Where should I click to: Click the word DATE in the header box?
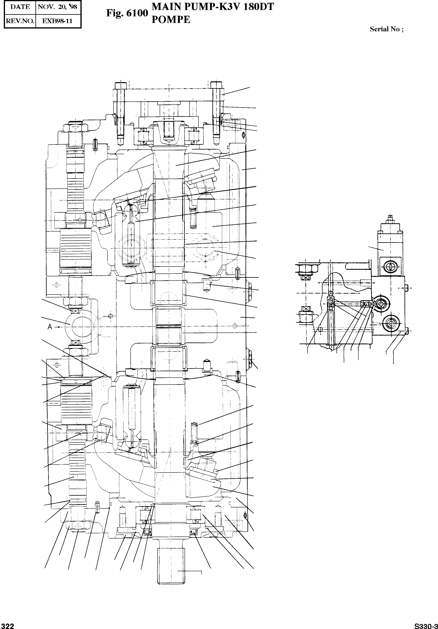[x=20, y=7]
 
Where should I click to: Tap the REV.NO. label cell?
[x=20, y=21]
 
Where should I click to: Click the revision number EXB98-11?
[x=58, y=21]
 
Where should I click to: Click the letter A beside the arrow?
[x=50, y=327]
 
